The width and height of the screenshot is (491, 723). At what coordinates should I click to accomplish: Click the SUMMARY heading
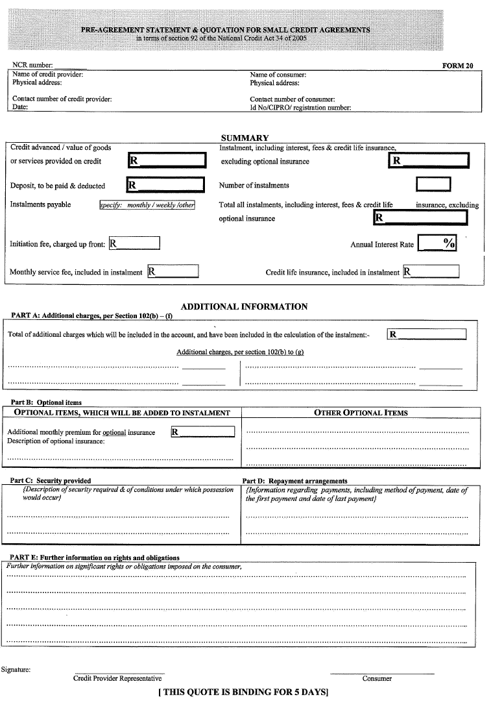[245, 138]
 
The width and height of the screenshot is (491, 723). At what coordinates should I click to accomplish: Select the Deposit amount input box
[165, 185]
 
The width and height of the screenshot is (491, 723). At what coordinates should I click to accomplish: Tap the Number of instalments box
[433, 185]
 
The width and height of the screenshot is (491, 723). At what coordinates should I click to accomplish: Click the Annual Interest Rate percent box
[437, 243]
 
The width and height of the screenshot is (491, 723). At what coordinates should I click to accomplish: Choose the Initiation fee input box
[134, 244]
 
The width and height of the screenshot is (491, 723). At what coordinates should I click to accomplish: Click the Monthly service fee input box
[173, 271]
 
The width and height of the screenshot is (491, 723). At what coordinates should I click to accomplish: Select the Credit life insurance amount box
[431, 271]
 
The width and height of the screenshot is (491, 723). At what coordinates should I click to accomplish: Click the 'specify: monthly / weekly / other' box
[147, 205]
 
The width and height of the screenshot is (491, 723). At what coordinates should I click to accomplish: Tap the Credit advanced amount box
[167, 160]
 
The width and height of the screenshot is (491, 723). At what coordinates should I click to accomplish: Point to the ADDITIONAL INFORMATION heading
[244, 306]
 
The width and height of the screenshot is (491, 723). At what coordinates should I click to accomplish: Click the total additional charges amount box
[426, 334]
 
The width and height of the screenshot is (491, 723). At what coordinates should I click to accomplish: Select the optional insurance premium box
[202, 432]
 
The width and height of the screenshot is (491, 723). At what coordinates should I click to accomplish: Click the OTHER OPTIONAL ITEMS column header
[361, 413]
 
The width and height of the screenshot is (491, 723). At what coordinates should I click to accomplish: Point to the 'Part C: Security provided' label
[51, 481]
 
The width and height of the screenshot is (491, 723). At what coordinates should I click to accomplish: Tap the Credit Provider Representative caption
[117, 679]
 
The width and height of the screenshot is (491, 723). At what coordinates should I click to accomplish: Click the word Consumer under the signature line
[377, 679]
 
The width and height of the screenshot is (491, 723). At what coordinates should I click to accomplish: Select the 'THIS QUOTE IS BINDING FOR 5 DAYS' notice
[243, 692]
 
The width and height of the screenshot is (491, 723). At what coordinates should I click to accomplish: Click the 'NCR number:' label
[33, 66]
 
